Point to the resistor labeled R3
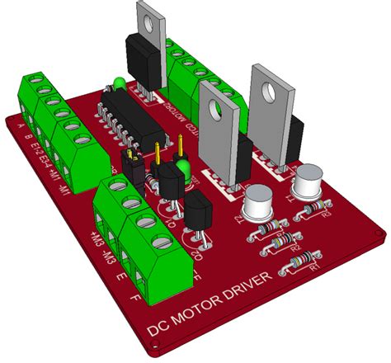(x=276, y=243)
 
